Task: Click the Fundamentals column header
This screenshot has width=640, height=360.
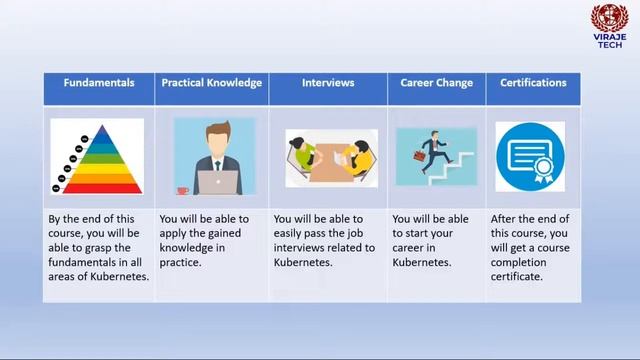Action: (99, 83)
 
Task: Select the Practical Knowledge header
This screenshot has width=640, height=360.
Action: (212, 83)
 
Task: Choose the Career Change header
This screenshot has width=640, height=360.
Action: (437, 83)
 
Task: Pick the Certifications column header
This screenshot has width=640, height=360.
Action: (534, 83)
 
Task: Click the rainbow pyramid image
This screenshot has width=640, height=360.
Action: (97, 156)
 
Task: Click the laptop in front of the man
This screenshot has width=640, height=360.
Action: (218, 181)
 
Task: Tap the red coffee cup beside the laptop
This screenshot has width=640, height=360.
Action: (183, 189)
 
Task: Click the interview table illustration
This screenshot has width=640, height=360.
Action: (330, 158)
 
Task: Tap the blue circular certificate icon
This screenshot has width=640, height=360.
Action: (530, 156)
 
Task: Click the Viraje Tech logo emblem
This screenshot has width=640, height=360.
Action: (608, 19)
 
